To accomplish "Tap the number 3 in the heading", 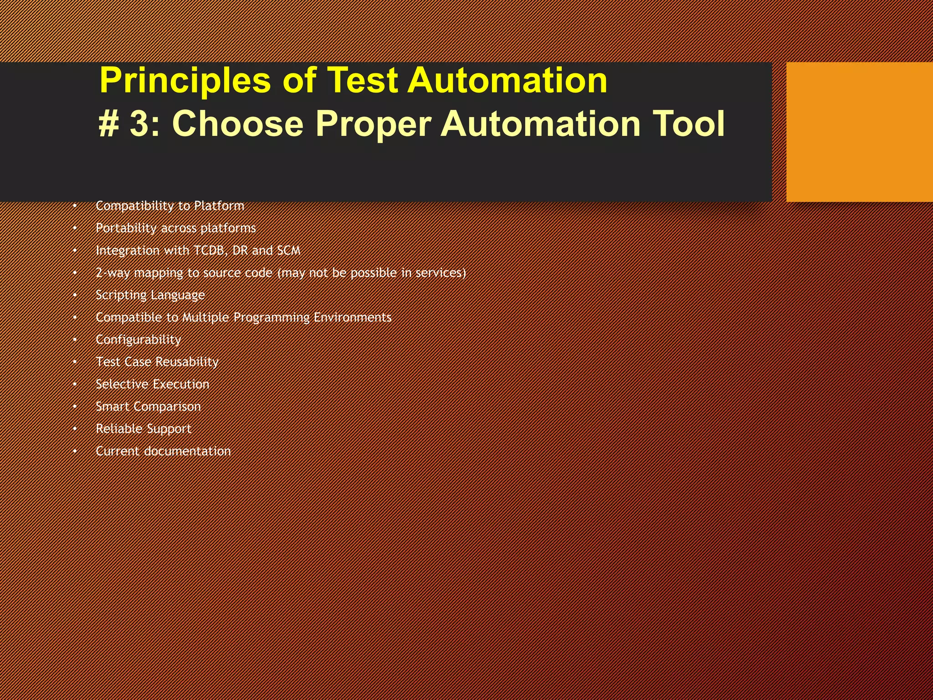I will click(139, 124).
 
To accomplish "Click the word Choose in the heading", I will click(237, 124).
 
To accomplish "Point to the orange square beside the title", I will click(859, 132).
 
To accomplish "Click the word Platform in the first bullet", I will click(219, 206).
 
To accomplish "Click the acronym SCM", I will click(288, 251).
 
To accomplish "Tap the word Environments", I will click(352, 317).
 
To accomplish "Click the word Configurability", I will click(138, 340).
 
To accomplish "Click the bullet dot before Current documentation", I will click(75, 451).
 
